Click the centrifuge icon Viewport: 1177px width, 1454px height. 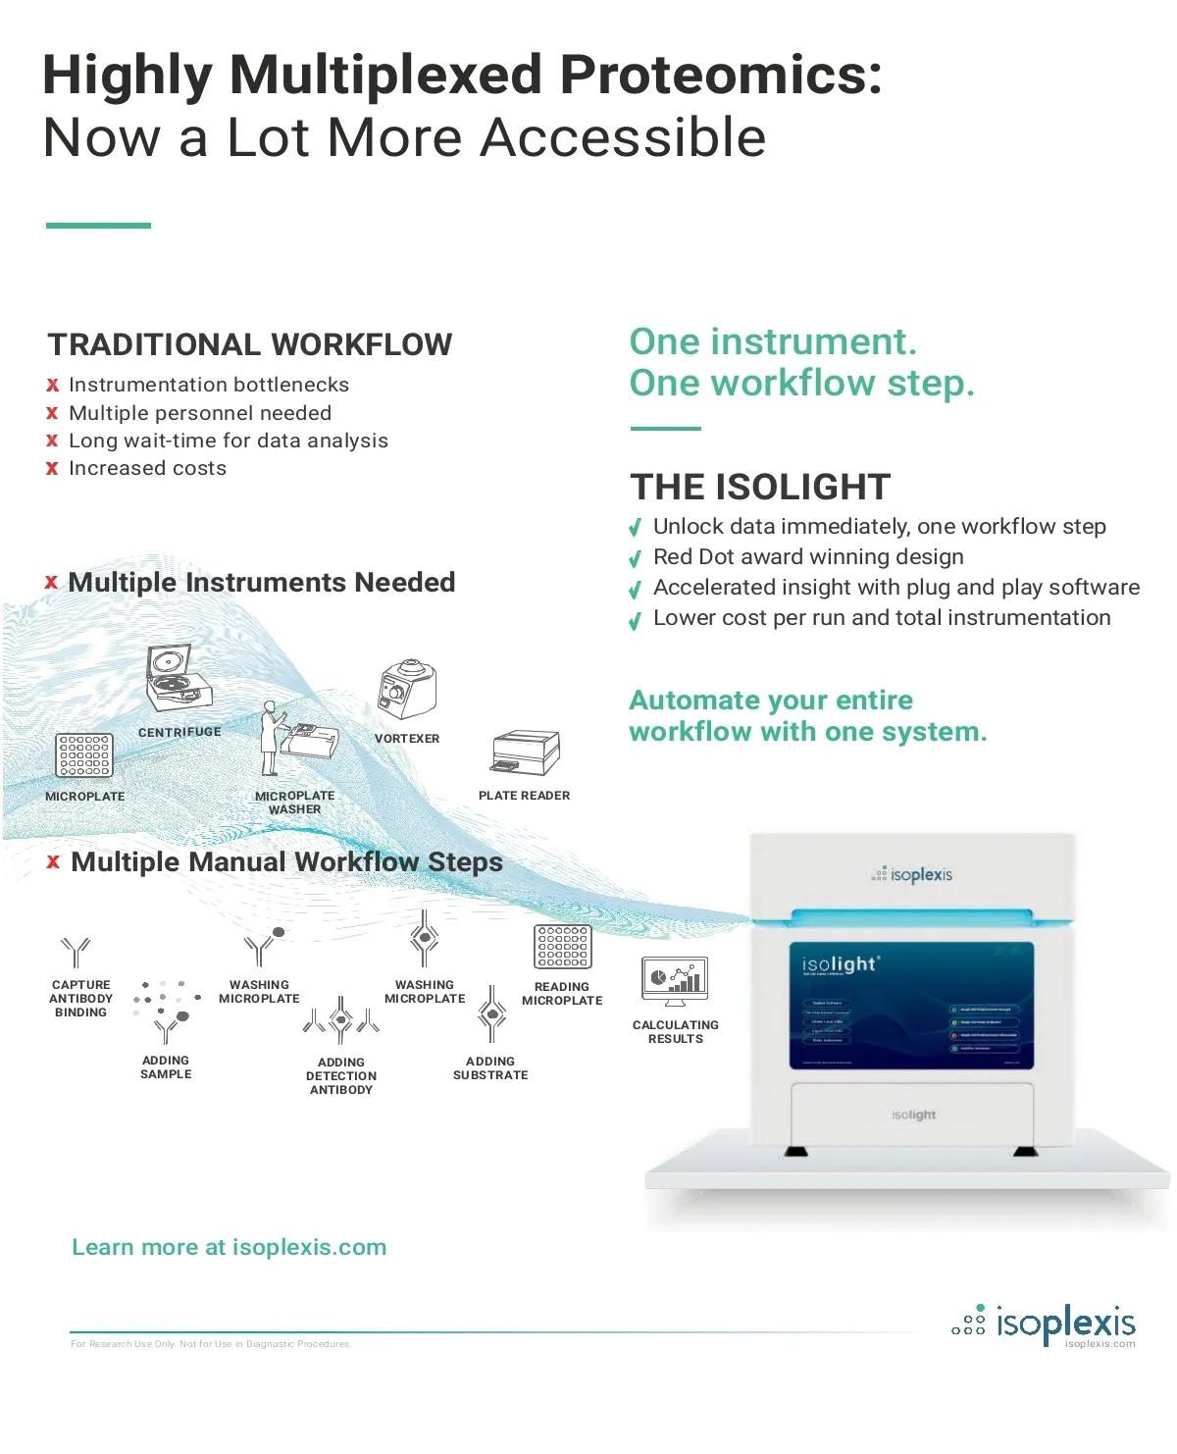(x=178, y=678)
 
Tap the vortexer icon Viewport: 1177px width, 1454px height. (x=407, y=689)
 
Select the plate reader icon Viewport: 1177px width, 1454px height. (x=525, y=753)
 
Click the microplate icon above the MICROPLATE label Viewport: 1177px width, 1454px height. (x=84, y=755)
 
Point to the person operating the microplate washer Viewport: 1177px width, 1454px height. (x=271, y=738)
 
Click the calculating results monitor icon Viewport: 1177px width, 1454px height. (x=675, y=981)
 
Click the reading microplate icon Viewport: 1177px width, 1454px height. (x=562, y=947)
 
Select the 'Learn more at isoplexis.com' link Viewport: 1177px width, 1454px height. (x=230, y=1247)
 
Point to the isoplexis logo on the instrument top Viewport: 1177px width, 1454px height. (x=911, y=874)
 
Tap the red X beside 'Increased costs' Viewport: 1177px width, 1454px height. (x=52, y=469)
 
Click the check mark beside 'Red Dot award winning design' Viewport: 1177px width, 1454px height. (x=636, y=559)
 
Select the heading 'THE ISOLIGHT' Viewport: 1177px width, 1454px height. (x=760, y=487)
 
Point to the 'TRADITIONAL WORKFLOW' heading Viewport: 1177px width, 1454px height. (x=250, y=345)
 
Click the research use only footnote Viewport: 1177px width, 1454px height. (x=210, y=1344)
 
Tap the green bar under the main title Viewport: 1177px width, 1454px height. (x=98, y=226)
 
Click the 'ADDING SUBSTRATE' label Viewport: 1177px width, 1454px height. (x=490, y=1068)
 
